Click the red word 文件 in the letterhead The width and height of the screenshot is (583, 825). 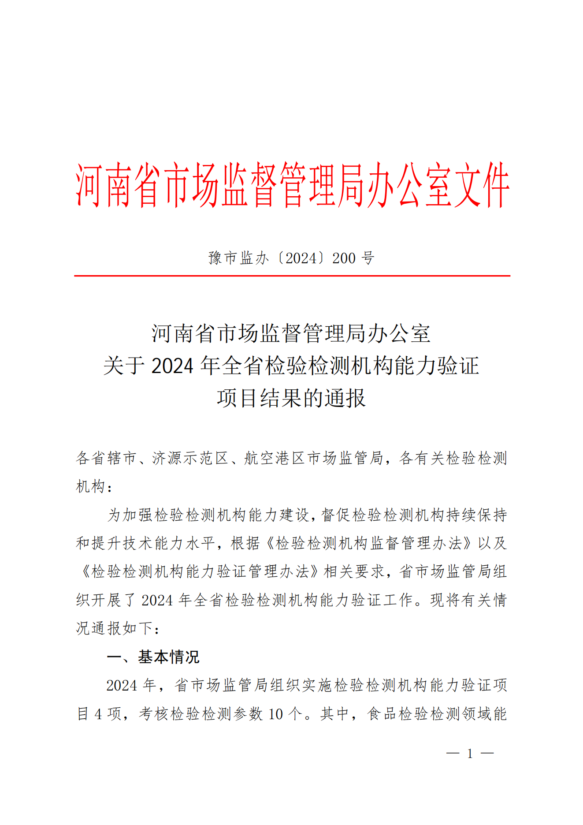pos(482,185)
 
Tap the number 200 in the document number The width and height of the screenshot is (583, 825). pos(344,258)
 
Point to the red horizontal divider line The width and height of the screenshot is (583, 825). pos(292,276)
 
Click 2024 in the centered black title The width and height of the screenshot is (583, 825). pos(172,366)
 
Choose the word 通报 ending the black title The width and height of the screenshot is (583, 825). pos(345,398)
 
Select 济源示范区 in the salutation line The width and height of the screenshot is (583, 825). pos(190,459)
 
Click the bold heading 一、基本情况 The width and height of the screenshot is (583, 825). pos(153,657)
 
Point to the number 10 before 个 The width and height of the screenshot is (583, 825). pos(275,714)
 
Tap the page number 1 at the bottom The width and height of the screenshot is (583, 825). pos(470,754)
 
